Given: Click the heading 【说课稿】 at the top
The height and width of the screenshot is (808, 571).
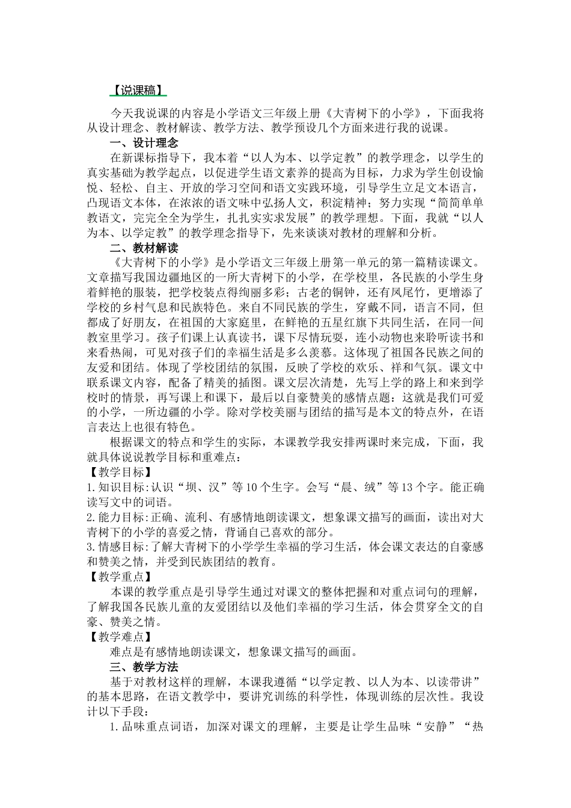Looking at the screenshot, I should coord(138,90).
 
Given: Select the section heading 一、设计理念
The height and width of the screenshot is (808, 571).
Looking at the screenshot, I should coord(144,143).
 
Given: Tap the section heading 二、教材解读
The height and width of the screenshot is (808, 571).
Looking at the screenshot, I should coord(144,248).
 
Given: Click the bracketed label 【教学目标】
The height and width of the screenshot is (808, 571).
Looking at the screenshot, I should coord(117,472).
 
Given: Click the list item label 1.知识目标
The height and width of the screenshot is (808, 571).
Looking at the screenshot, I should coord(115,487).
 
